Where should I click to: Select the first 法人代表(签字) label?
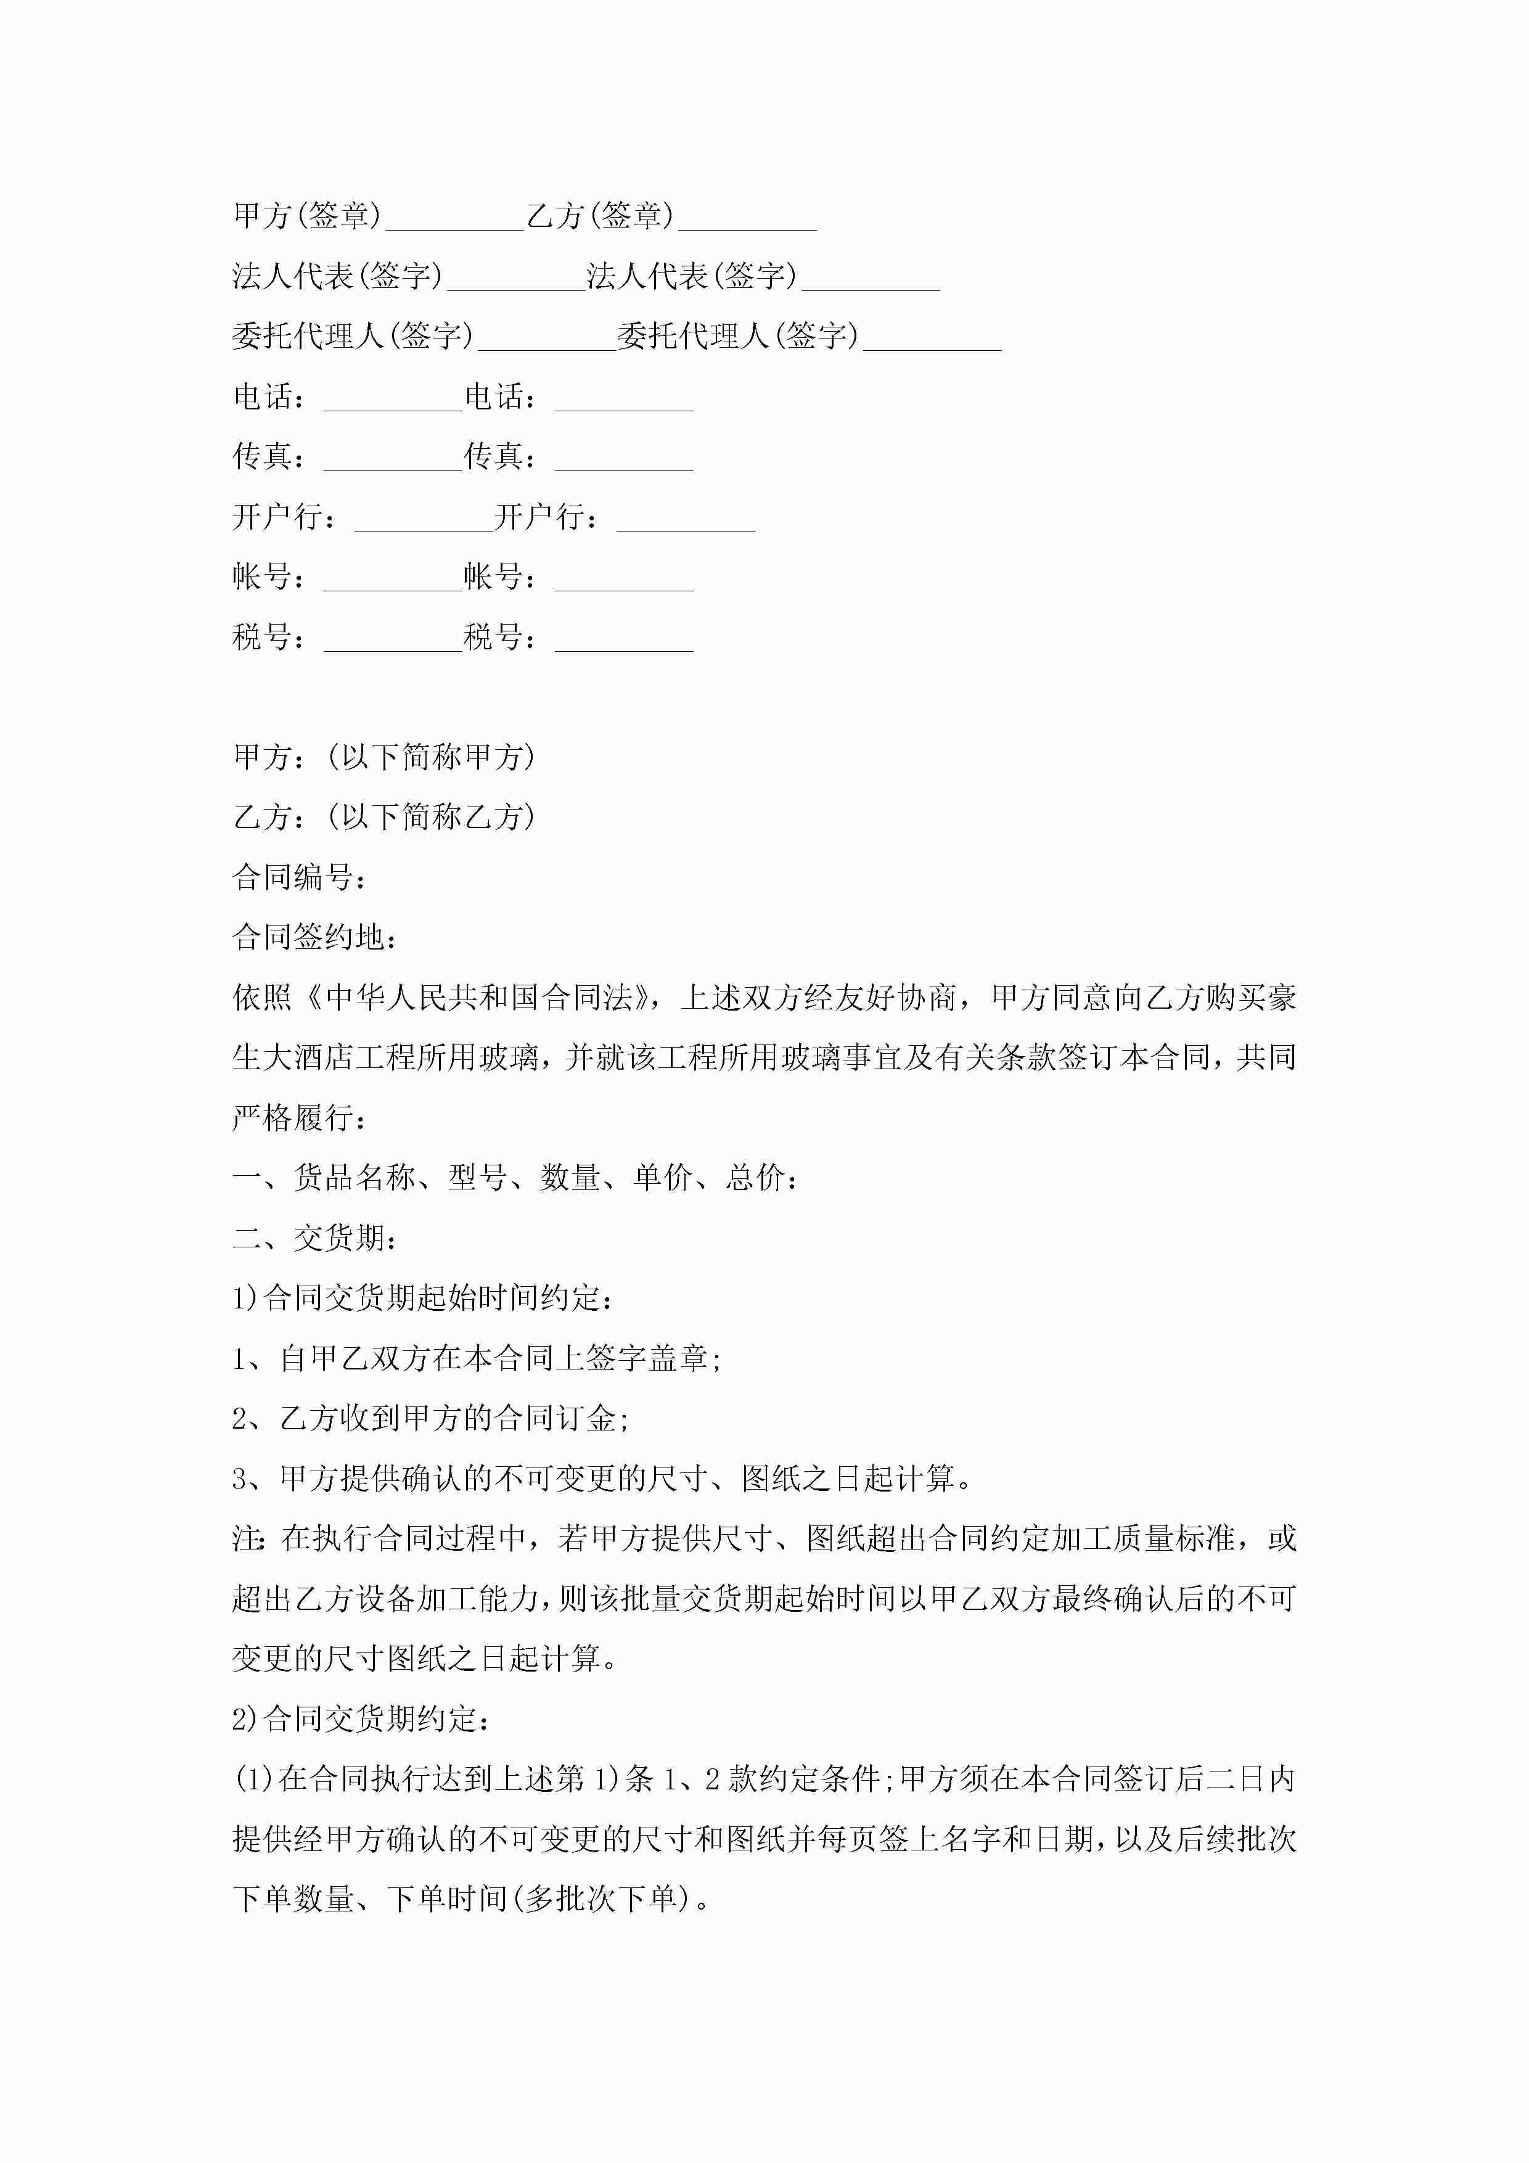pyautogui.click(x=337, y=276)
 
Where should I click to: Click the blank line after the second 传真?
pyautogui.click(x=624, y=466)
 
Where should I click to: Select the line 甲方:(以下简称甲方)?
pyautogui.click(x=384, y=757)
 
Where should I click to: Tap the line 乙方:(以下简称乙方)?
pyautogui.click(x=384, y=817)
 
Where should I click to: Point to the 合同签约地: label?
pyautogui.click(x=314, y=937)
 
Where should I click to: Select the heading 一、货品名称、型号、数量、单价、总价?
pyautogui.click(x=516, y=1178)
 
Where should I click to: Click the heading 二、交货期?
pyautogui.click(x=314, y=1238)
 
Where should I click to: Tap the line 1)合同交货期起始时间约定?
pyautogui.click(x=424, y=1298)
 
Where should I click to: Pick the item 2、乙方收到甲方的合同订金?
pyautogui.click(x=430, y=1419)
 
